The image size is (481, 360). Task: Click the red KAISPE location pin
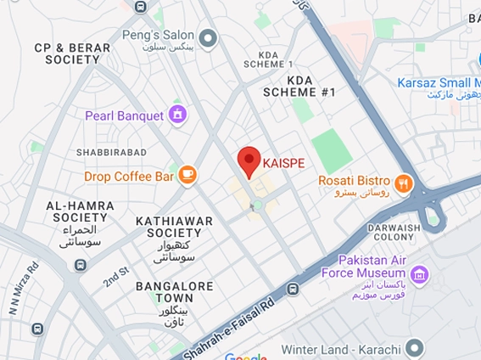pos(248,160)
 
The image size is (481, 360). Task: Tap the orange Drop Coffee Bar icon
pos(187,176)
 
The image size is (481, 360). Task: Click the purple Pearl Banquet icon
pos(177,114)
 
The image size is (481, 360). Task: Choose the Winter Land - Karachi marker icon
pos(414,346)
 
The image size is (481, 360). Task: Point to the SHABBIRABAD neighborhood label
pos(111,152)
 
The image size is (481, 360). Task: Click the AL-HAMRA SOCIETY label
pos(77,211)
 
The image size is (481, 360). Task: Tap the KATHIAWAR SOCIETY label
pos(174,227)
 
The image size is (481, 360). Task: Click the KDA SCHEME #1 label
pos(299,86)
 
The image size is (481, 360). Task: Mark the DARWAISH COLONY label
pos(394,233)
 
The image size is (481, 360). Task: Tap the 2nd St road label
pos(115,275)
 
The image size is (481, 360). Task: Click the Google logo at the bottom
pos(245,356)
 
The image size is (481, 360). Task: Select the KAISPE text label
pos(283,162)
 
